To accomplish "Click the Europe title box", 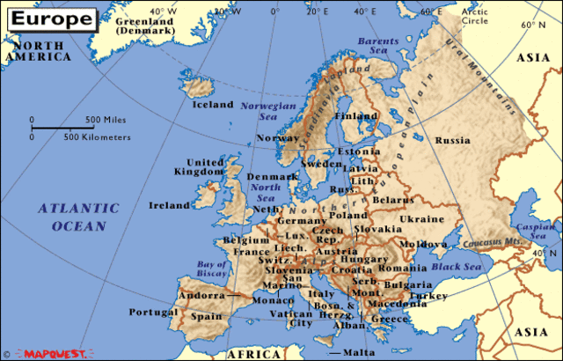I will pos(50,18).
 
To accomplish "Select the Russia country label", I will pos(452,140).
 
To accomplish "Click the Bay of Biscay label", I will pos(212,269).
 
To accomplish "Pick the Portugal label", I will pos(154,312).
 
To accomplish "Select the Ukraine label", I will pos(422,218).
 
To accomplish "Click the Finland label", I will pos(356,116).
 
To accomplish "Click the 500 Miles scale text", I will pos(106,119).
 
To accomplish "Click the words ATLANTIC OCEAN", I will pos(78,217).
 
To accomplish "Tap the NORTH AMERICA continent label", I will pos(35,50).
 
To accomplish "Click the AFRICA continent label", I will pos(252,352).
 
